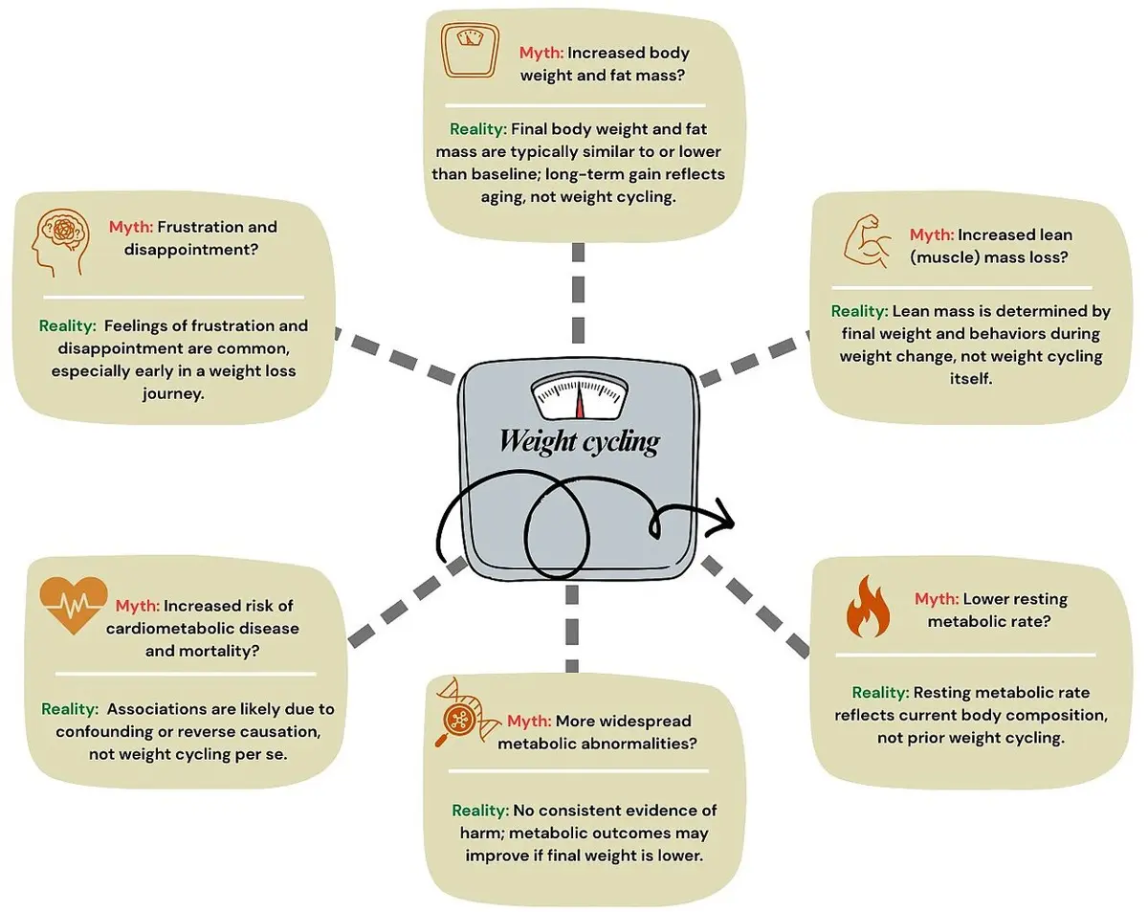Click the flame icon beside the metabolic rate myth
pos(868,606)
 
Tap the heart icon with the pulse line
pos(74,605)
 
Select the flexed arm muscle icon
pos(867,240)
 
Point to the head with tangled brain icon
pos(59,242)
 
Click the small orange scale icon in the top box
pos(470,50)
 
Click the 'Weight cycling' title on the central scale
pos(580,442)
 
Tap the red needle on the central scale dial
pos(580,400)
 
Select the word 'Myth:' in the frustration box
pos(131,227)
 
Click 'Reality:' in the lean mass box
pos(859,311)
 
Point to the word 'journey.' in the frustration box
pos(173,394)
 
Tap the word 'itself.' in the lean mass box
pos(971,378)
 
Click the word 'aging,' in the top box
pos(503,197)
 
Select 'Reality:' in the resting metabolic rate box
pos(880,692)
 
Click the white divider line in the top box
pos(575,105)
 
